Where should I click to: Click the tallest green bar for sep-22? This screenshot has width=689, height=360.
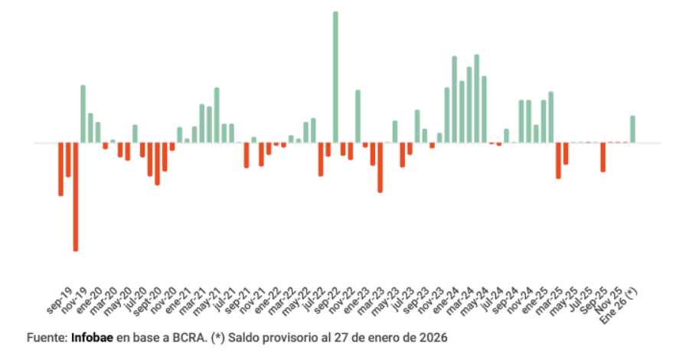pos(335,77)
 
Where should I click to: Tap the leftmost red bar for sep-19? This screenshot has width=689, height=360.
pos(60,169)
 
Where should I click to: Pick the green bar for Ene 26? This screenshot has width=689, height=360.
pos(633,129)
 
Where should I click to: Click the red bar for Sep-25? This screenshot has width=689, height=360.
pos(603,157)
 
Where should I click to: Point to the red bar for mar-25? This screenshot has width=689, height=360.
pos(559,160)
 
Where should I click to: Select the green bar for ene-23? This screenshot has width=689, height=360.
pos(358,116)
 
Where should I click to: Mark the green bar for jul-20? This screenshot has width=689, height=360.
pos(135,134)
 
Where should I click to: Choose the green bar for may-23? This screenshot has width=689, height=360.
pos(395,132)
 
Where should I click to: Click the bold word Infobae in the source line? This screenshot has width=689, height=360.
pos(92,338)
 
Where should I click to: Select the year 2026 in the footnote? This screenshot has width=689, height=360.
pos(434,338)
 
